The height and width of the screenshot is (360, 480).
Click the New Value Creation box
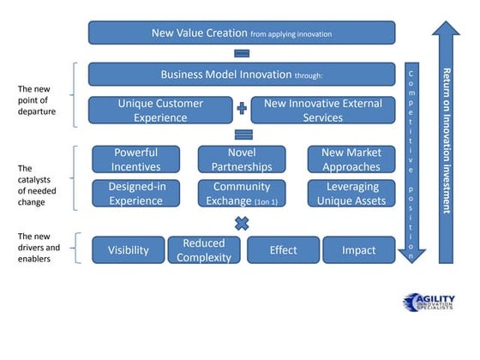242,33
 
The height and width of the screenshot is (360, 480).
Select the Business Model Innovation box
242,74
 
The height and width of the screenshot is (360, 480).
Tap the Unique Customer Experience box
162,110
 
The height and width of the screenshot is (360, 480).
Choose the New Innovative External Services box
322,110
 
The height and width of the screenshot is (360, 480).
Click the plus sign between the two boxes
242,110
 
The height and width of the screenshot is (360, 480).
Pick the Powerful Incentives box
136,159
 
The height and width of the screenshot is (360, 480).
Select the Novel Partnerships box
242,159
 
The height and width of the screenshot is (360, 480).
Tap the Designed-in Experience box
136,193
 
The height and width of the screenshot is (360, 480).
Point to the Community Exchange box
242,193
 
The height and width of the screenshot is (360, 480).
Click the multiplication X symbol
242,224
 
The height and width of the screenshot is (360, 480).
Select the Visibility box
128,250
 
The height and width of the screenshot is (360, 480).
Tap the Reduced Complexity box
204,250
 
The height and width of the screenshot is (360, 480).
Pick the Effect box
283,250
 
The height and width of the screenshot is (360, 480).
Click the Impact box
358,250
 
